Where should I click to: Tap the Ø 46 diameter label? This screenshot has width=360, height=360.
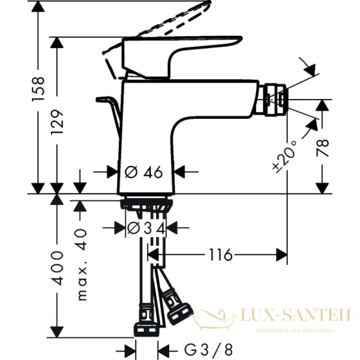pos(144,172)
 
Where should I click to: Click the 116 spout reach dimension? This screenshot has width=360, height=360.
pos(220,255)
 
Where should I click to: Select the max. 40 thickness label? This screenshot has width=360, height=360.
pos(82,263)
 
